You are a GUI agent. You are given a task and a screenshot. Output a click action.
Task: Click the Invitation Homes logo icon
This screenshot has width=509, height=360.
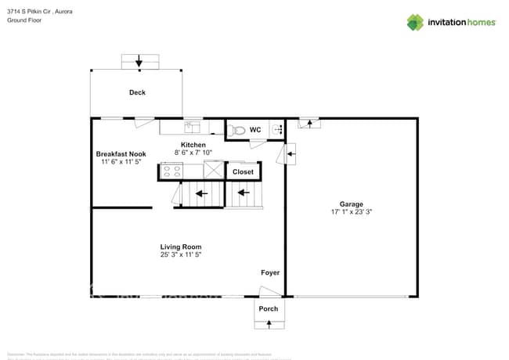pyautogui.click(x=415, y=22)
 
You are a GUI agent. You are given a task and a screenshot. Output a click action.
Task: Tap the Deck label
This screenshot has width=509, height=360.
pyautogui.click(x=137, y=92)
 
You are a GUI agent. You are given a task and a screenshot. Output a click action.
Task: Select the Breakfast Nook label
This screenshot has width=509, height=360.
pyautogui.click(x=121, y=154)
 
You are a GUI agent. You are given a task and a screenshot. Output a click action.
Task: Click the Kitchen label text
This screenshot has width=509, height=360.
pyautogui.click(x=193, y=145)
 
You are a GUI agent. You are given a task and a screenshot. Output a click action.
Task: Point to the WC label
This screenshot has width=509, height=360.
pyautogui.click(x=255, y=129)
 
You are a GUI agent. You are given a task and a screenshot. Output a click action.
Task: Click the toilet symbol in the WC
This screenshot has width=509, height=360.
pyautogui.click(x=240, y=131)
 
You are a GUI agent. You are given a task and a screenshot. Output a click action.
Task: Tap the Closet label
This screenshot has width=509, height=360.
pyautogui.click(x=243, y=171)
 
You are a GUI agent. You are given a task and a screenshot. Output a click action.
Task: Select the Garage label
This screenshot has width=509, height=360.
pyautogui.click(x=351, y=203)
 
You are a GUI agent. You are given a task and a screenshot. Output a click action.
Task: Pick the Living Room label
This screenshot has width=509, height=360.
pyautogui.click(x=181, y=247)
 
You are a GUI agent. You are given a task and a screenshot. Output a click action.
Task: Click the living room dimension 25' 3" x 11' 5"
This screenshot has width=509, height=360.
pyautogui.click(x=181, y=255)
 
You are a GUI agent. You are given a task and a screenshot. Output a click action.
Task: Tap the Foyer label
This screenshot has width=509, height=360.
pyautogui.click(x=270, y=272)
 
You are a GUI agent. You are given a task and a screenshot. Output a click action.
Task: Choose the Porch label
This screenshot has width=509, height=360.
pyautogui.click(x=269, y=308)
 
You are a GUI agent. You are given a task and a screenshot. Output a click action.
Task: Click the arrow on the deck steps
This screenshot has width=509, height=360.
pyautogui.click(x=139, y=61)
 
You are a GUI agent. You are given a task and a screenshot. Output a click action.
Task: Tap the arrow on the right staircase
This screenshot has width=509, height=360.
pyautogui.click(x=244, y=192)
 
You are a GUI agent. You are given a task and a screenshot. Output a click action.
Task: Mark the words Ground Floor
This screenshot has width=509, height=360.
pyautogui.click(x=23, y=20)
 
